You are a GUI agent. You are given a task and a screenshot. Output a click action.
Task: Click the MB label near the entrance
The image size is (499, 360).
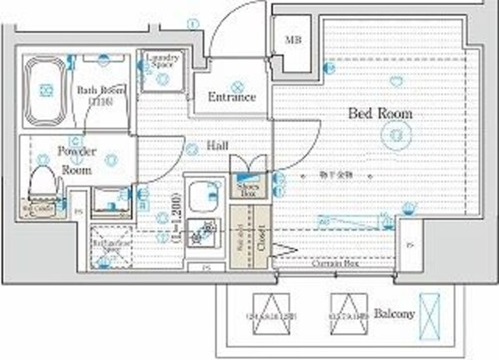[293, 40]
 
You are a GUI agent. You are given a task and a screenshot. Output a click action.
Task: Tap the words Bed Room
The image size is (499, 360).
[380, 113]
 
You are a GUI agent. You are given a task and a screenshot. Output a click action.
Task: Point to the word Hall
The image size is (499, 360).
[219, 146]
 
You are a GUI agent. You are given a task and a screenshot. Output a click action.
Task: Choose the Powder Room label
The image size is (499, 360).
[77, 160]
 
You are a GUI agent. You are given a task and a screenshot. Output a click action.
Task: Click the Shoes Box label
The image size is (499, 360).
[248, 188]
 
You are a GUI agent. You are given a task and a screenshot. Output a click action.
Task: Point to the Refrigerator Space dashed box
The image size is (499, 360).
[108, 245]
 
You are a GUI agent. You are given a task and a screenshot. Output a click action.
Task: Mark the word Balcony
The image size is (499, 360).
[394, 314]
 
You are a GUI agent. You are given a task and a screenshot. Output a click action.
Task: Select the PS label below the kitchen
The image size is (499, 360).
[205, 268]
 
